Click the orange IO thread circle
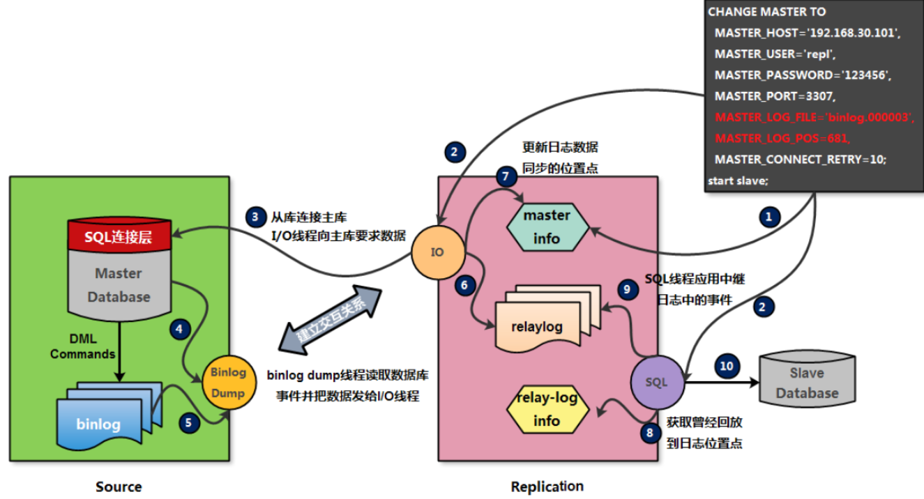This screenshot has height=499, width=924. click(437, 252)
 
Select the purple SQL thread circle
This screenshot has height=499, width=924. click(657, 382)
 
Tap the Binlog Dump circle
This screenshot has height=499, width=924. click(228, 383)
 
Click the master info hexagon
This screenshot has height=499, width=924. click(547, 227)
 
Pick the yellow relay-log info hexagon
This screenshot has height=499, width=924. click(547, 411)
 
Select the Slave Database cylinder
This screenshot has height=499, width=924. click(806, 383)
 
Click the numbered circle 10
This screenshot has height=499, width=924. click(727, 366)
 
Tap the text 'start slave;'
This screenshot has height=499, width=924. click(738, 181)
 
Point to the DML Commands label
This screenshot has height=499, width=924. click(82, 346)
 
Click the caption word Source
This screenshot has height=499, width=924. click(119, 486)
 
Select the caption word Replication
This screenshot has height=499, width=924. click(547, 486)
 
